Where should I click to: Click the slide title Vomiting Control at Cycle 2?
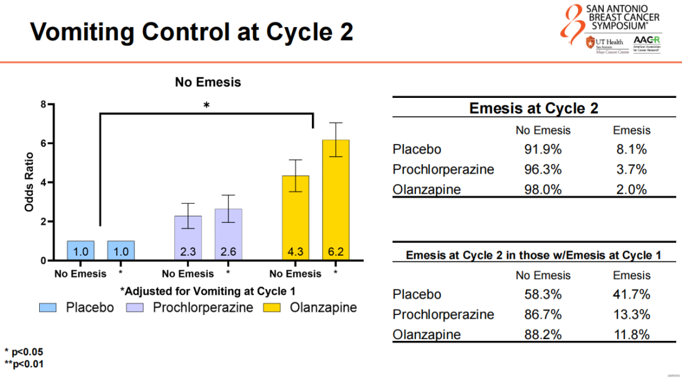(192, 31)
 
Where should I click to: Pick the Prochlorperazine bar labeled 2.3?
(188, 237)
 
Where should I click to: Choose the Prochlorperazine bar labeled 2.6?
(228, 234)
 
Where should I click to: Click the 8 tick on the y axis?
(44, 105)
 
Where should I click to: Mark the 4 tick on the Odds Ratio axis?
(44, 182)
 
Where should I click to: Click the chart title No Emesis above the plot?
(208, 82)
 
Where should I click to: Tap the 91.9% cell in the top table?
(542, 150)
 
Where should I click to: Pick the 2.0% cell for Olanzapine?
(631, 189)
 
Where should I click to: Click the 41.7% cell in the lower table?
(631, 295)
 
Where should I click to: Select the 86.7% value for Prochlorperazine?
(542, 314)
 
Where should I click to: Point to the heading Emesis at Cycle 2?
(534, 108)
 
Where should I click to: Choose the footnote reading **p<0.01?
(25, 364)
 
